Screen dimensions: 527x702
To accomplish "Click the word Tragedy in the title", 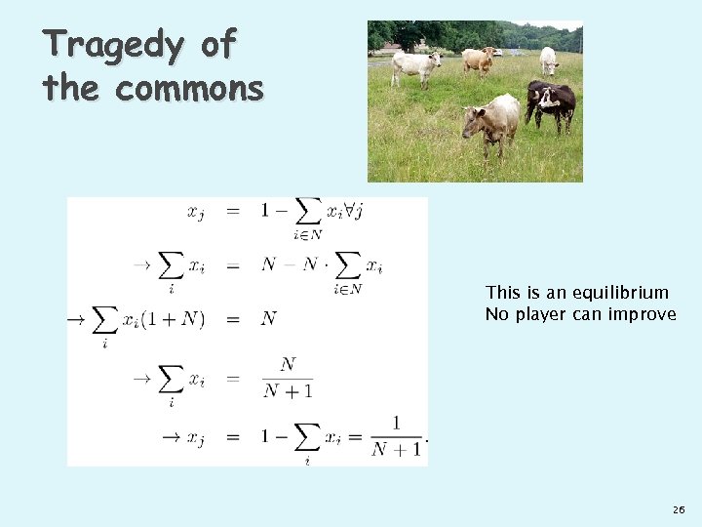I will (99, 45).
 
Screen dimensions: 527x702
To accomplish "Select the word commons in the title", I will (189, 89).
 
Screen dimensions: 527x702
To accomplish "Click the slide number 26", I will (679, 510).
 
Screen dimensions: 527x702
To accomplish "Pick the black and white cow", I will (551, 103).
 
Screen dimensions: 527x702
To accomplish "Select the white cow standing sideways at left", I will (417, 66).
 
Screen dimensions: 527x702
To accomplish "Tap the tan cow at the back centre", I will (478, 61).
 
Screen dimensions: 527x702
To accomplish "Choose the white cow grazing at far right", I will (549, 61).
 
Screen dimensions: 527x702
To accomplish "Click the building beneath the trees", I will (391, 48).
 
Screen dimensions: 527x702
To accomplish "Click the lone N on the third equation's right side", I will (269, 319).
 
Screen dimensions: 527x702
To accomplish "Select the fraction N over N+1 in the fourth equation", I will (288, 378).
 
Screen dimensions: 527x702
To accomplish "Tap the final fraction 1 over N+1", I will (397, 436).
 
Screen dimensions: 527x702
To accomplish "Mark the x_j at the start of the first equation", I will (196, 211).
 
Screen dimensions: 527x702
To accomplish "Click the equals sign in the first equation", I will (233, 210).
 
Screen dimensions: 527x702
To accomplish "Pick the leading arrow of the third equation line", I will (74, 319).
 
